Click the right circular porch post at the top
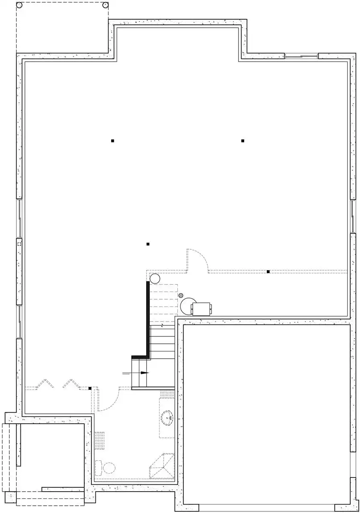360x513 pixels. (x=106, y=5)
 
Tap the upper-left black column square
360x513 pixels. (x=112, y=141)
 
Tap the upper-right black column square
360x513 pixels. (x=242, y=141)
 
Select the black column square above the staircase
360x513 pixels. (x=148, y=244)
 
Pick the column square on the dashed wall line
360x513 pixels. (x=268, y=271)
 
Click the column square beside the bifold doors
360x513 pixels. (x=90, y=388)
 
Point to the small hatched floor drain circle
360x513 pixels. (x=181, y=295)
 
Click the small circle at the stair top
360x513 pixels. (x=154, y=279)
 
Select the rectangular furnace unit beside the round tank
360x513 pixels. (x=201, y=308)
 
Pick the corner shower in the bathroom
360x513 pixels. (x=162, y=468)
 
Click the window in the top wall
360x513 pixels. (x=301, y=56)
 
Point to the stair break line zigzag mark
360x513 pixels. (x=163, y=326)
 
